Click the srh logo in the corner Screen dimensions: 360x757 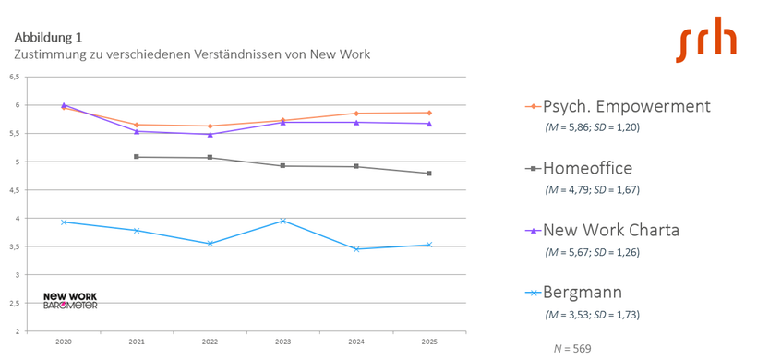[706, 43]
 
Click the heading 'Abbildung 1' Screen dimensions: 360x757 [48, 38]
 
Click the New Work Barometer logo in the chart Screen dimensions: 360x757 [70, 300]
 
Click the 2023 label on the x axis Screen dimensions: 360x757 [283, 342]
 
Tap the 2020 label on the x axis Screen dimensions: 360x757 [64, 342]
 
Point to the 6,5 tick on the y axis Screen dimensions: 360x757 [14, 78]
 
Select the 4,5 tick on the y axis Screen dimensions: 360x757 [14, 190]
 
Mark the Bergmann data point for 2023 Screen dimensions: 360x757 [283, 221]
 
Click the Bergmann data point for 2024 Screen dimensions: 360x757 [356, 248]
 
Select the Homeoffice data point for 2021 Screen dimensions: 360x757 [137, 157]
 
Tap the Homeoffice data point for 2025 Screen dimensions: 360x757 [429, 174]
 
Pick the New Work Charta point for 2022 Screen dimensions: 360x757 [210, 134]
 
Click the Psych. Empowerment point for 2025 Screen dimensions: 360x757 [429, 113]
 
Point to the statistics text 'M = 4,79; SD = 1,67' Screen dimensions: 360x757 [592, 189]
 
